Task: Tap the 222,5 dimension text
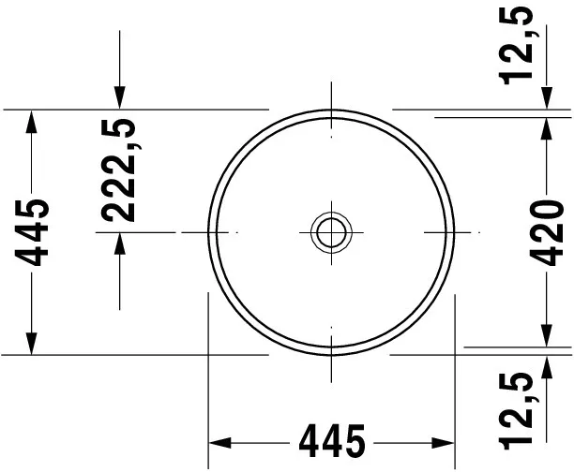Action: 119,170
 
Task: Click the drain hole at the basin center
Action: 331,230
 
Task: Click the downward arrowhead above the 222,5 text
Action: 119,96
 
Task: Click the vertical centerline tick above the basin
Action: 331,96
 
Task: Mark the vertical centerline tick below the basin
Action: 331,367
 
